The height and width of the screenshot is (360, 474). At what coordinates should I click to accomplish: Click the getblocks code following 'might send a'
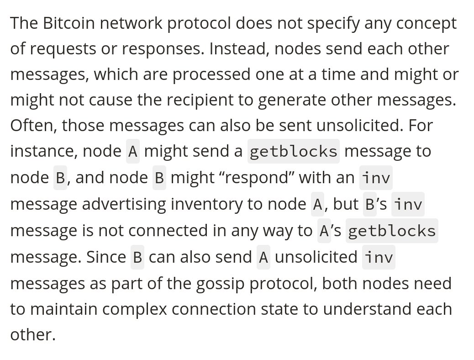click(293, 151)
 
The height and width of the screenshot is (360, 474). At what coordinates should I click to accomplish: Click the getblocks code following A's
click(392, 231)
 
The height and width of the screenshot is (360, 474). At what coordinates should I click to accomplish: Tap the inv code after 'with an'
click(375, 178)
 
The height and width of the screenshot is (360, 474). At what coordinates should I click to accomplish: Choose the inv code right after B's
click(408, 204)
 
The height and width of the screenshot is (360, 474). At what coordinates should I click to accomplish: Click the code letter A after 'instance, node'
click(133, 151)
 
